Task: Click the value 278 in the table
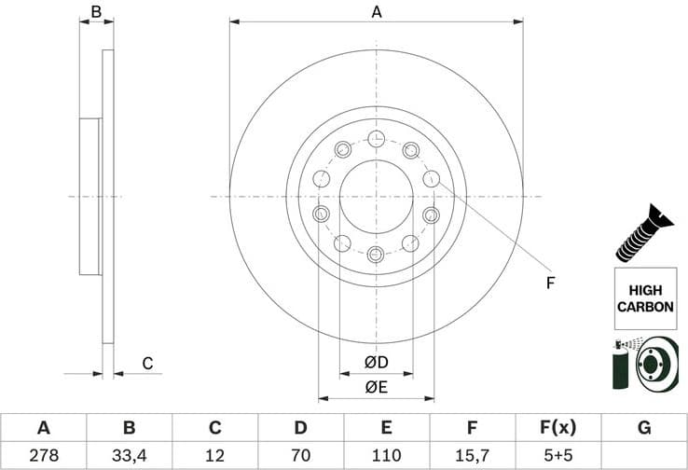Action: (43, 455)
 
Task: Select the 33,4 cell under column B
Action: (129, 455)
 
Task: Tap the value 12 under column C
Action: (214, 455)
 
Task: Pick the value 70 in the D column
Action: (300, 455)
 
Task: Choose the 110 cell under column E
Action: (386, 455)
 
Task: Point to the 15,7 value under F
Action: (472, 455)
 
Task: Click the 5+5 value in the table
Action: (557, 455)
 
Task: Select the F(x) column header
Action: (557, 428)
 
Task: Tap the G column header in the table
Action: (643, 428)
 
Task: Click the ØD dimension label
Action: (376, 362)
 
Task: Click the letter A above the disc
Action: (377, 12)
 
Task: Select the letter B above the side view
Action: (95, 12)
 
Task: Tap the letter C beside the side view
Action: (146, 363)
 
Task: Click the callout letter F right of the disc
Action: (550, 283)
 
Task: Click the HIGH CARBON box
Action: (643, 298)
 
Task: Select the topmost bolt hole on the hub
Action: (376, 139)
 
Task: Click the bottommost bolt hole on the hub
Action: (376, 254)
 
